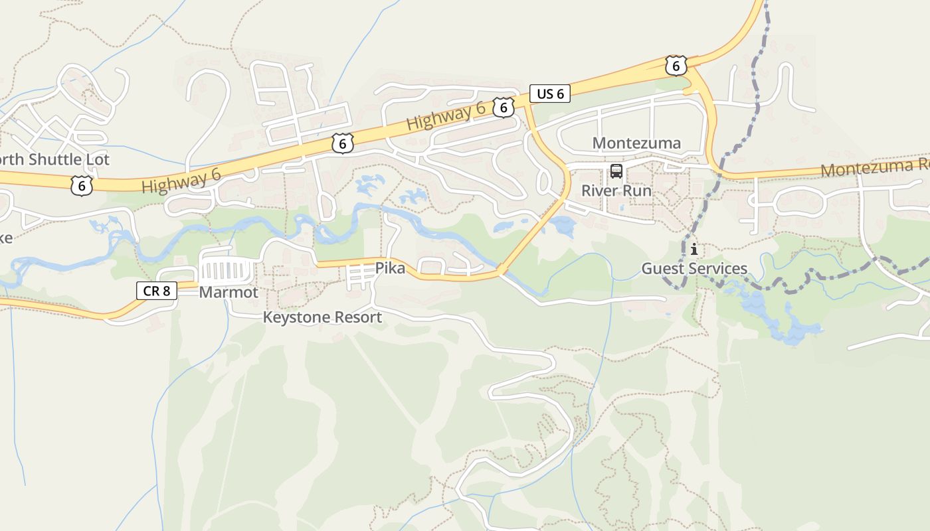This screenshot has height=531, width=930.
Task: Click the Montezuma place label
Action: (636, 143)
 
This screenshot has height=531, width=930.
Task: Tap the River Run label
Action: (616, 190)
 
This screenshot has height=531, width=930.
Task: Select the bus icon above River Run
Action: (616, 172)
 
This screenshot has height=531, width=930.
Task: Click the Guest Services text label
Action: (694, 269)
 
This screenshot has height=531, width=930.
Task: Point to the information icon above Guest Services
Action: (694, 250)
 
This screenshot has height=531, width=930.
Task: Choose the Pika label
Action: (390, 269)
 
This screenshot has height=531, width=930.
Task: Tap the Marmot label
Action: (229, 292)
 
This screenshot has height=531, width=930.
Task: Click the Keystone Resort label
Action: (322, 317)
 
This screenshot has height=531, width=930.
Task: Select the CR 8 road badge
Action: (157, 290)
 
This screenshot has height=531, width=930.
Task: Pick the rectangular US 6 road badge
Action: (550, 94)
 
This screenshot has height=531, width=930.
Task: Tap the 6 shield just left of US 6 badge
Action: (504, 108)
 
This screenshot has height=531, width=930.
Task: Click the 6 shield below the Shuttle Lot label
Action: (81, 186)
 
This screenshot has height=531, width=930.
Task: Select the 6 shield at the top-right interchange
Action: (676, 66)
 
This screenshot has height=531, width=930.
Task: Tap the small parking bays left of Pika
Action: (357, 275)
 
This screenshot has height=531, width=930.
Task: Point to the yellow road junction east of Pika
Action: (502, 271)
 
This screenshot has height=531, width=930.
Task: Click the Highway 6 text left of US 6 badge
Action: (445, 117)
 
